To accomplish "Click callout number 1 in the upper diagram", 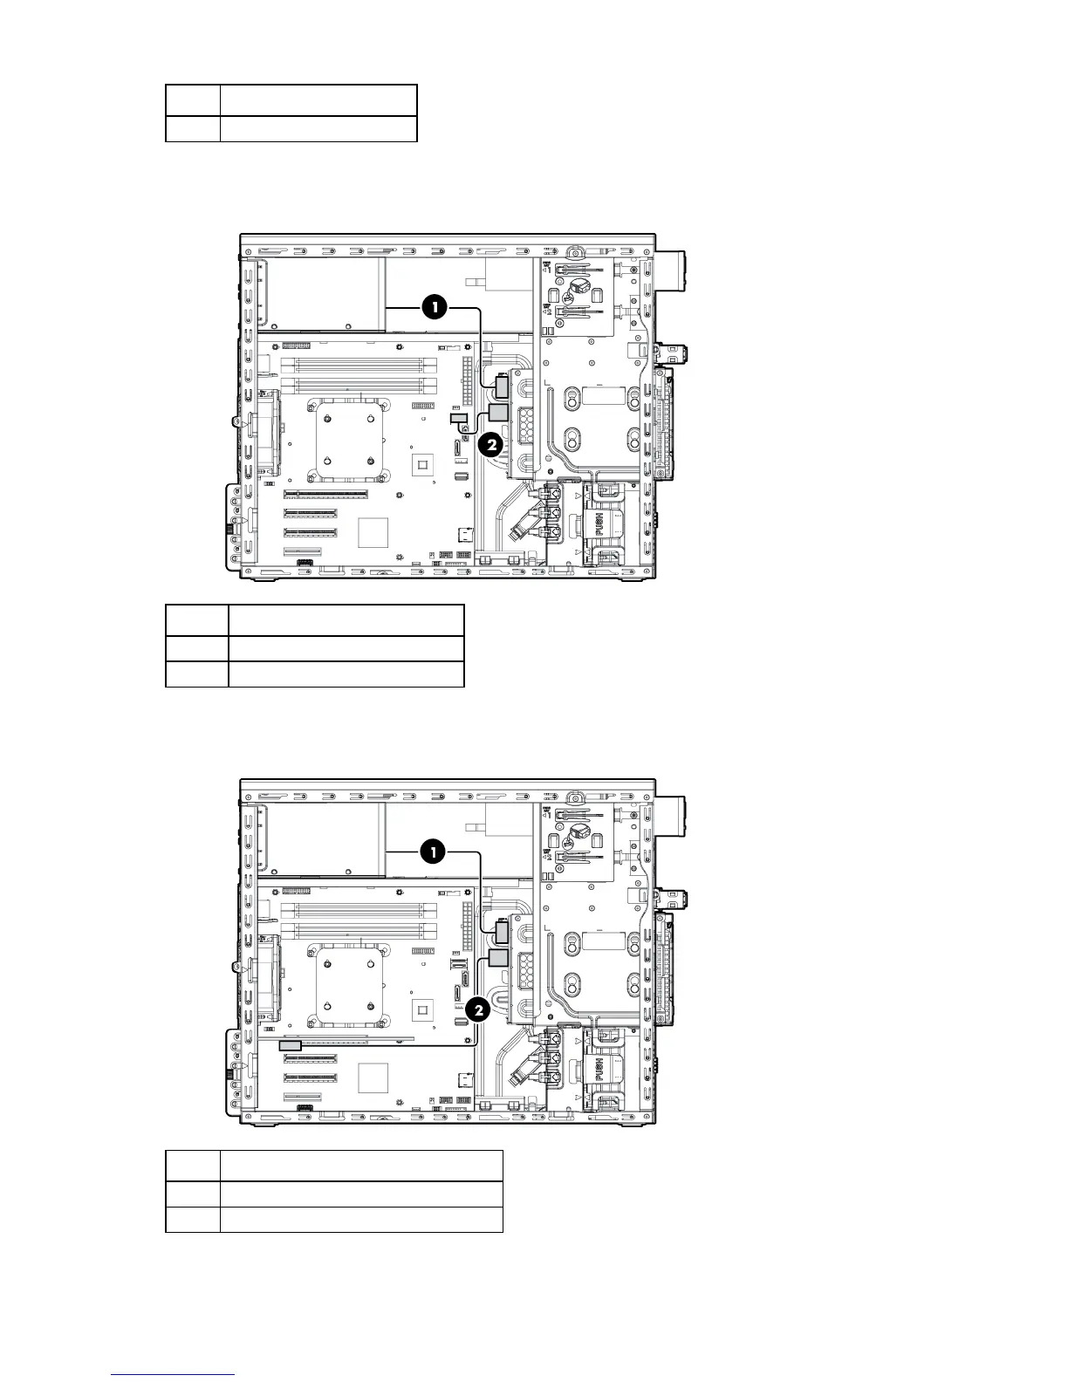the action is [x=435, y=306].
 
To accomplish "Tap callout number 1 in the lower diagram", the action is [x=435, y=852].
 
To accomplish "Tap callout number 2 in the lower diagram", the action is [x=477, y=1010].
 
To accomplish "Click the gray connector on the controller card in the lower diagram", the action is [x=290, y=1044].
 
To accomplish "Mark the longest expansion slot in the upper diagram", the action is [x=325, y=494].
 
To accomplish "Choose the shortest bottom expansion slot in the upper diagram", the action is [x=302, y=551].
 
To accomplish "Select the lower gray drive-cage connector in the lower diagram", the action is [x=498, y=958].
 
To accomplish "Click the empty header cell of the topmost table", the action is [x=193, y=99].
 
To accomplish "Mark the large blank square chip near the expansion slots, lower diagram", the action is [x=373, y=1078].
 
